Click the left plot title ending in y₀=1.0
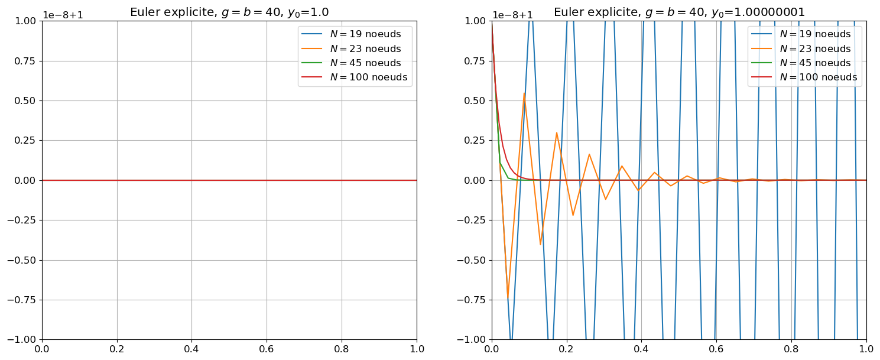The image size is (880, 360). click(229, 12)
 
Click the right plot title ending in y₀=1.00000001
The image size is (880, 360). click(679, 12)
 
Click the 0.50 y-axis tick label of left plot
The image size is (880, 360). click(25, 100)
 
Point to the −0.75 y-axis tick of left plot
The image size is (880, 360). click(22, 300)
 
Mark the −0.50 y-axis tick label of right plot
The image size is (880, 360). click(472, 260)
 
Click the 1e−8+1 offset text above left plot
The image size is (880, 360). click(61, 15)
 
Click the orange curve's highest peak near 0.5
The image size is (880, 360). click(524, 93)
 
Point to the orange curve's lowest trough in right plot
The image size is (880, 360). click(508, 297)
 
